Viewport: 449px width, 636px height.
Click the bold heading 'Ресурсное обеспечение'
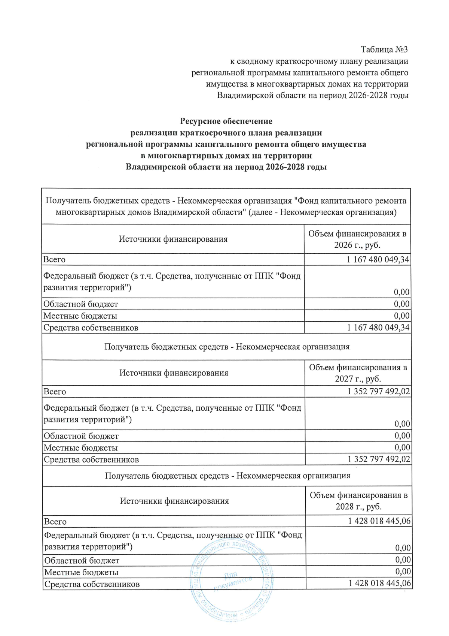coord(226,121)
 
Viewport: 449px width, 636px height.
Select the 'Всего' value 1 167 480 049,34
coord(378,259)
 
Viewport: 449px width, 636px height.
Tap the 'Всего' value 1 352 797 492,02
coord(379,391)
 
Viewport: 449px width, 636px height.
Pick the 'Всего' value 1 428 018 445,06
coord(379,521)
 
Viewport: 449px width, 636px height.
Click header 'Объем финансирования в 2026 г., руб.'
coord(357,239)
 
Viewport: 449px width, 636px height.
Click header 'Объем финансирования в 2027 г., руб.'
coord(358,373)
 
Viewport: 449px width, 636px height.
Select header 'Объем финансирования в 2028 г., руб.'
coord(358,501)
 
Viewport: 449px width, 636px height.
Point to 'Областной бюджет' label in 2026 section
coord(80,304)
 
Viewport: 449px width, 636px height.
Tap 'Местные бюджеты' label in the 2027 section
coord(81,447)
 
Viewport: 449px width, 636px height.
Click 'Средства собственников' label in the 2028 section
coord(92,584)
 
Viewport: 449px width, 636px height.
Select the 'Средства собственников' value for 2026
coord(378,328)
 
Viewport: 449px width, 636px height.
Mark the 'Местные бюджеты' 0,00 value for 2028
coord(403,572)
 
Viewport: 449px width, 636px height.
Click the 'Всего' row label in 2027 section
coord(55,392)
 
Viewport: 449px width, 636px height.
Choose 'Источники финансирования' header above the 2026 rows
coord(173,239)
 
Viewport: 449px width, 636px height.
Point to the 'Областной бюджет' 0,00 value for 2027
coord(402,435)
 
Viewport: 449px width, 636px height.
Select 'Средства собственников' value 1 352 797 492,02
coord(379,459)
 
